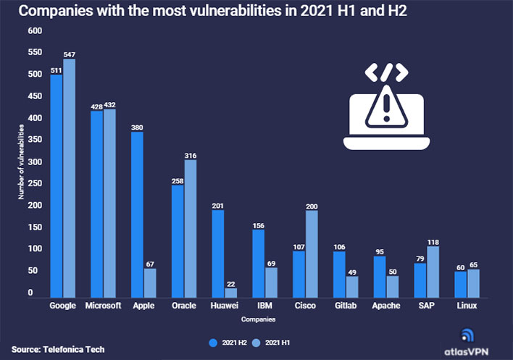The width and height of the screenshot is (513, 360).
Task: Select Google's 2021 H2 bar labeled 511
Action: (56, 185)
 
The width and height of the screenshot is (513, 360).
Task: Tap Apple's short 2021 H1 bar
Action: (150, 282)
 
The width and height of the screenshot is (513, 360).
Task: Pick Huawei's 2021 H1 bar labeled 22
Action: (231, 292)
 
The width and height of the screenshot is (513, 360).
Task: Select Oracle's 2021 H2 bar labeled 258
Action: (178, 240)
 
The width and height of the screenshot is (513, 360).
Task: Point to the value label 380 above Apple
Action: (137, 128)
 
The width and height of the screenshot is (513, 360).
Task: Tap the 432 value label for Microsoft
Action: (110, 105)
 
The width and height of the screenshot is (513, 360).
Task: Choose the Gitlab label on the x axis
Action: (346, 306)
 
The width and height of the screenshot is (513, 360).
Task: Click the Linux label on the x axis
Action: (467, 306)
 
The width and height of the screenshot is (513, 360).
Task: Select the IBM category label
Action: (264, 306)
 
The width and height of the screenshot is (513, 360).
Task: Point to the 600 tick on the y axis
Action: (35, 31)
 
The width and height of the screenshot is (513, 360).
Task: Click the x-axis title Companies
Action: (257, 319)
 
